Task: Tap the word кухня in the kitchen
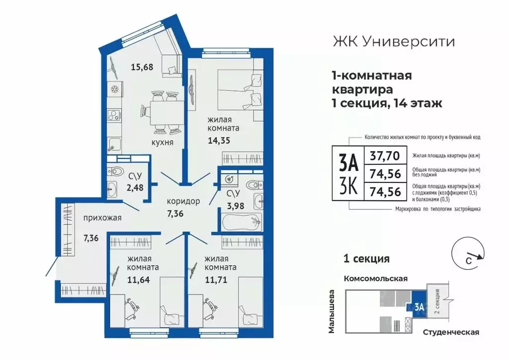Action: pyautogui.click(x=163, y=143)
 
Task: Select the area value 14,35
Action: pyautogui.click(x=219, y=140)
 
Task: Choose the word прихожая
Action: pyautogui.click(x=102, y=217)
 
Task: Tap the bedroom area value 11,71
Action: pyautogui.click(x=219, y=280)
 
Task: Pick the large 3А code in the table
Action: pyautogui.click(x=348, y=163)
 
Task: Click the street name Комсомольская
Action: pyautogui.click(x=376, y=278)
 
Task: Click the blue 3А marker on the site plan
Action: pyautogui.click(x=417, y=308)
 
